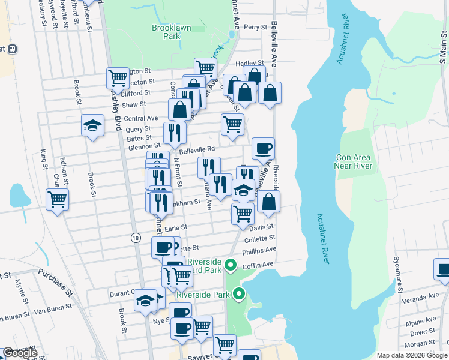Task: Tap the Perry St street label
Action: (255, 27)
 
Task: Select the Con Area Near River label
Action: (354, 161)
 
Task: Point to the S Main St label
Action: (442, 52)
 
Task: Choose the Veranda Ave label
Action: (421, 297)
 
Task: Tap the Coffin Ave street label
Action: (259, 264)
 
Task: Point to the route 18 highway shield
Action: (136, 238)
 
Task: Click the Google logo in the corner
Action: (20, 353)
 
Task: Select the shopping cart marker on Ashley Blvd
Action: (118, 77)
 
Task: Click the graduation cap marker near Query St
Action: (92, 125)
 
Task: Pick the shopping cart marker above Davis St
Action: (243, 213)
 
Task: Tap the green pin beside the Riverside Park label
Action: (240, 294)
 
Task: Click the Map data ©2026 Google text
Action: (412, 355)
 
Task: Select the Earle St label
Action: (176, 228)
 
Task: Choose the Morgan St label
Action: (419, 344)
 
